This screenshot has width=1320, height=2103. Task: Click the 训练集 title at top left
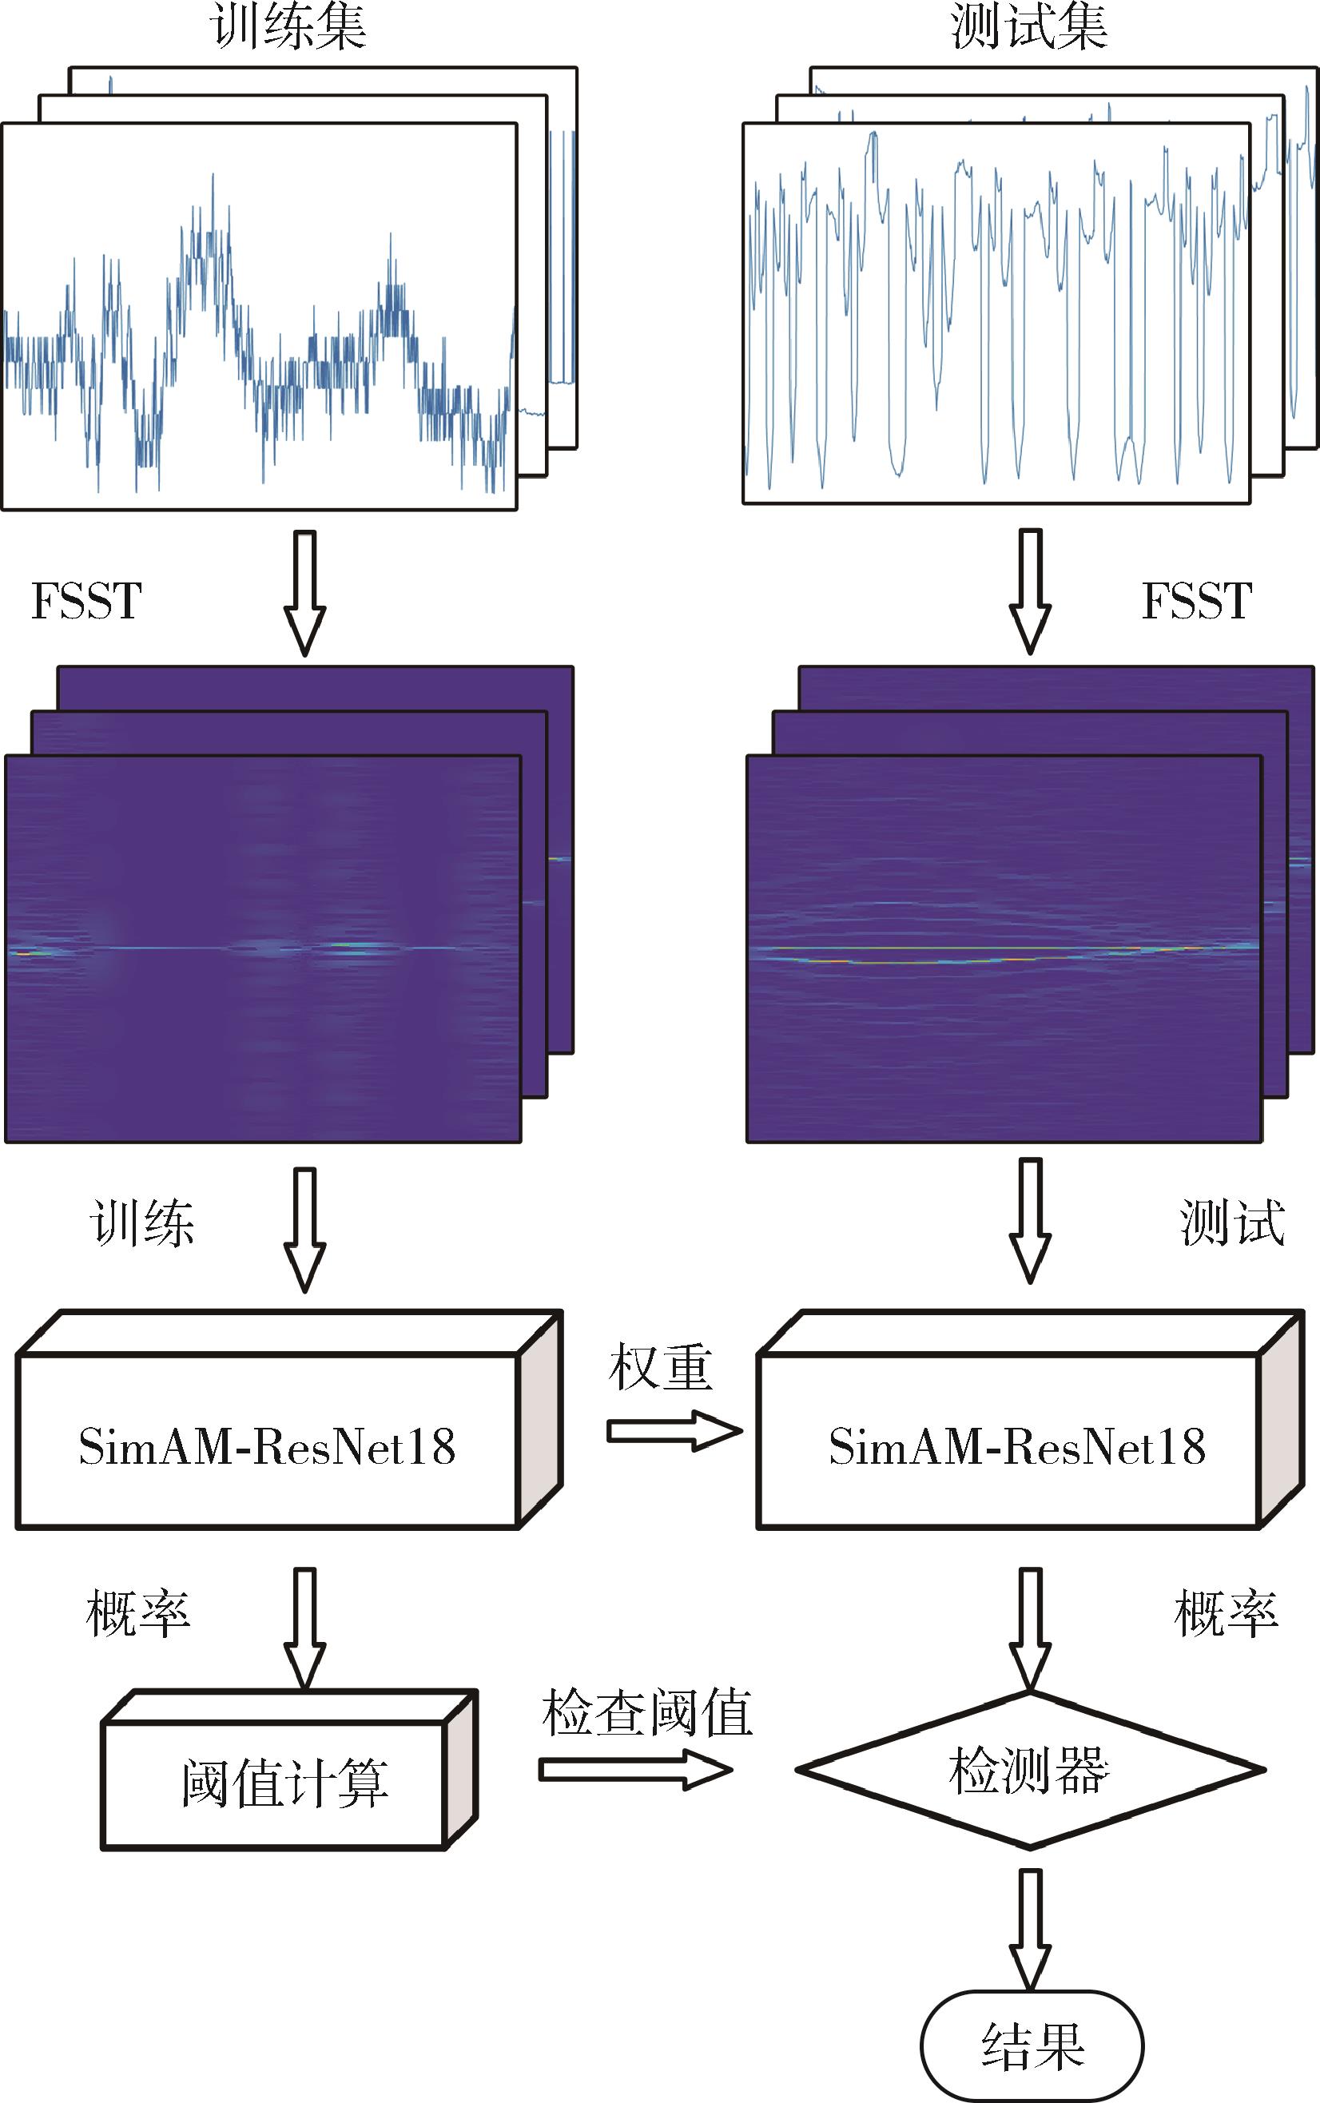point(288,26)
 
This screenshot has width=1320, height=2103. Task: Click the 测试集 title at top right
point(1029,26)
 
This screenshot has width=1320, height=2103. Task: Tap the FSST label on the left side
point(86,601)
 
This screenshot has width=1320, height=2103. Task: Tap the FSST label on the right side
point(1197,601)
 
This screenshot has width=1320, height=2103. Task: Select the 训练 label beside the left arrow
point(141,1222)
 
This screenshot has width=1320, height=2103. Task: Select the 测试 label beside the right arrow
point(1233,1222)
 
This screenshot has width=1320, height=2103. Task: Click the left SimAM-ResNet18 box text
point(267,1446)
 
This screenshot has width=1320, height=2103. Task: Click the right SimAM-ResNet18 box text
point(1017,1446)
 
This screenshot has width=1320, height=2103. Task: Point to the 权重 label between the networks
point(661,1366)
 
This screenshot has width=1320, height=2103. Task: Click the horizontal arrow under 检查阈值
point(635,1770)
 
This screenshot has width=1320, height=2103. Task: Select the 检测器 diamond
point(1030,1771)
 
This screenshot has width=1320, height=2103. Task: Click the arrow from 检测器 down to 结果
point(1031,1930)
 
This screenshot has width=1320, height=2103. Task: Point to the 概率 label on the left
point(138,1612)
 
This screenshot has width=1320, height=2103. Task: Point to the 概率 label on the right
point(1227,1612)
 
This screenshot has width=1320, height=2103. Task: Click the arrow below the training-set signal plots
point(304,593)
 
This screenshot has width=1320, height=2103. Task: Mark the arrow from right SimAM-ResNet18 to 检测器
point(1031,1629)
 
